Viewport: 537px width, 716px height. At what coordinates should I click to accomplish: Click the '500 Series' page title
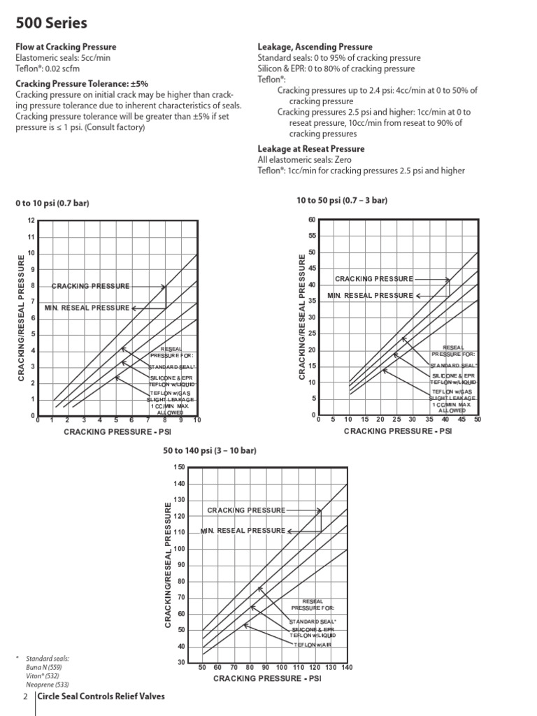tap(51, 23)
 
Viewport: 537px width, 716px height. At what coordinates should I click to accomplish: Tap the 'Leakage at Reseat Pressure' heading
tap(311, 149)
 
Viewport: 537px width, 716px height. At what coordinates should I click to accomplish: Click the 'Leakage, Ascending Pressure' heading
tap(315, 47)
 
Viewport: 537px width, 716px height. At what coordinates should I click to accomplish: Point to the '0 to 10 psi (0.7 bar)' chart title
tap(52, 203)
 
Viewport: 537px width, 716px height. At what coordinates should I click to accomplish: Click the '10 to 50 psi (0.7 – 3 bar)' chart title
tap(342, 201)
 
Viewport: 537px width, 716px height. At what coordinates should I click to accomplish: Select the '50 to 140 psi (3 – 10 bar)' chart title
tap(210, 450)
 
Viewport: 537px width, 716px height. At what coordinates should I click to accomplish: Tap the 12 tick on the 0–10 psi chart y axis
tap(31, 221)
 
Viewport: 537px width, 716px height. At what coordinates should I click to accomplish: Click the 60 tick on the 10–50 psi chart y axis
tap(311, 220)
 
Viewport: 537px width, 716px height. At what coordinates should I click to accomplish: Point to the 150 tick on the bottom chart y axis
tap(180, 468)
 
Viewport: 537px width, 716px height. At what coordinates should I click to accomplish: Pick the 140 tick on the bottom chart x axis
tap(346, 668)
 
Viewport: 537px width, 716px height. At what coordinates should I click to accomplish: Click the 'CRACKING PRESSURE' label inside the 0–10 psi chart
tap(91, 286)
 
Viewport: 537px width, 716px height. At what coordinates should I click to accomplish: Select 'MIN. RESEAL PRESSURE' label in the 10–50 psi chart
tap(371, 296)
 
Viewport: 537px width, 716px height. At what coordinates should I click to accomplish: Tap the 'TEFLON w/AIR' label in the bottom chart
tap(314, 644)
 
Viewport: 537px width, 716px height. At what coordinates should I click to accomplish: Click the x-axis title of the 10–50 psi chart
tap(397, 431)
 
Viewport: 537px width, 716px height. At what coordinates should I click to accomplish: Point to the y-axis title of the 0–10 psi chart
tap(21, 318)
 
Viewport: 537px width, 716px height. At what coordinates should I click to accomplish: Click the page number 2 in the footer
tap(25, 696)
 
